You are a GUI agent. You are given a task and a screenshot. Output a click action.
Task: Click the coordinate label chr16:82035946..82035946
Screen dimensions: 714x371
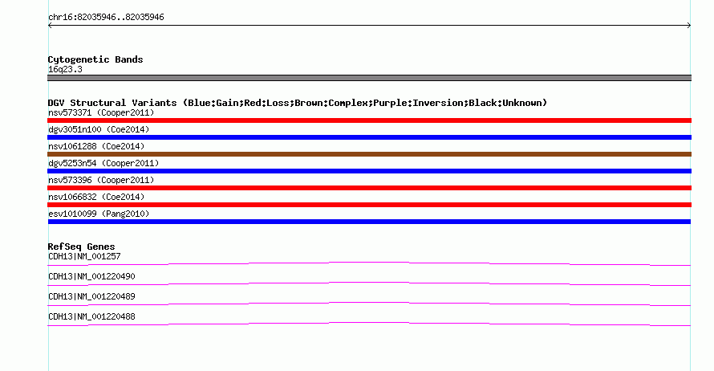pos(106,18)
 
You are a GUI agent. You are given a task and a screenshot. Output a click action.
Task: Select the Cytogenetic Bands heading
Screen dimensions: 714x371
pos(95,59)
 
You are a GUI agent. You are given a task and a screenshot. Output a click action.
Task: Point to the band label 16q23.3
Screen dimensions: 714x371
pos(65,69)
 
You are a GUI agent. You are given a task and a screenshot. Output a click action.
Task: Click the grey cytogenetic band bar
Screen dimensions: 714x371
pos(369,78)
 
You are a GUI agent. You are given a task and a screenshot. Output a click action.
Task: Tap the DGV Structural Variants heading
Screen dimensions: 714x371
pos(298,103)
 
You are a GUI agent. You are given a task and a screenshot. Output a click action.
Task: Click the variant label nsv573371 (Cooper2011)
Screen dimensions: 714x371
pos(101,112)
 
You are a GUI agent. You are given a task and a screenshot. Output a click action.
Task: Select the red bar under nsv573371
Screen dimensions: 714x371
pos(369,120)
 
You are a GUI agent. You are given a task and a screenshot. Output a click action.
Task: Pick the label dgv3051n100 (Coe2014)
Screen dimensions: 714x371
pos(99,129)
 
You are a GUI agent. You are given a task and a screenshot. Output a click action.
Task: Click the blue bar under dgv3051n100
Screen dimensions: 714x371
pos(369,137)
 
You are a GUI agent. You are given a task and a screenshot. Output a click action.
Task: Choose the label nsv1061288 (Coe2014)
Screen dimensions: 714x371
pos(96,146)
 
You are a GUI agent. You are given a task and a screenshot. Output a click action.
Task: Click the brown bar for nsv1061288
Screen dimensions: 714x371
pos(369,154)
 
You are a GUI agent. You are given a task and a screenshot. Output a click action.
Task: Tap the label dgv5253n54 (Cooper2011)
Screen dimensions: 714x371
pos(103,163)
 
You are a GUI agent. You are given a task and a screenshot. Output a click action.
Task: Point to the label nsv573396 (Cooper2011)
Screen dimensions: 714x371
pos(101,180)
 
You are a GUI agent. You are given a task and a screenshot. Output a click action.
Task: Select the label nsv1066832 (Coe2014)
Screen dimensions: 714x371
pos(96,197)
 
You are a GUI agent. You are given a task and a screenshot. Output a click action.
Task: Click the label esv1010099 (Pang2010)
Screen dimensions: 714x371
pos(99,214)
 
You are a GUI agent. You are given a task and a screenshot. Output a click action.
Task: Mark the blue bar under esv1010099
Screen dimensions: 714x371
pos(369,222)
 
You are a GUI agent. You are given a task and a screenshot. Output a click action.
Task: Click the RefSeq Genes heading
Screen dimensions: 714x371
pos(82,247)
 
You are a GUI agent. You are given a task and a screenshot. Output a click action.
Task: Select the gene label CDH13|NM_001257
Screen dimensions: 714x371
pos(84,257)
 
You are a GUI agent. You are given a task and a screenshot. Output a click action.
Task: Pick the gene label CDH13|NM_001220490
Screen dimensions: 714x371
pos(91,277)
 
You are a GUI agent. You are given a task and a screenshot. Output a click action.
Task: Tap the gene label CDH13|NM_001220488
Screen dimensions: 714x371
pos(91,316)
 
